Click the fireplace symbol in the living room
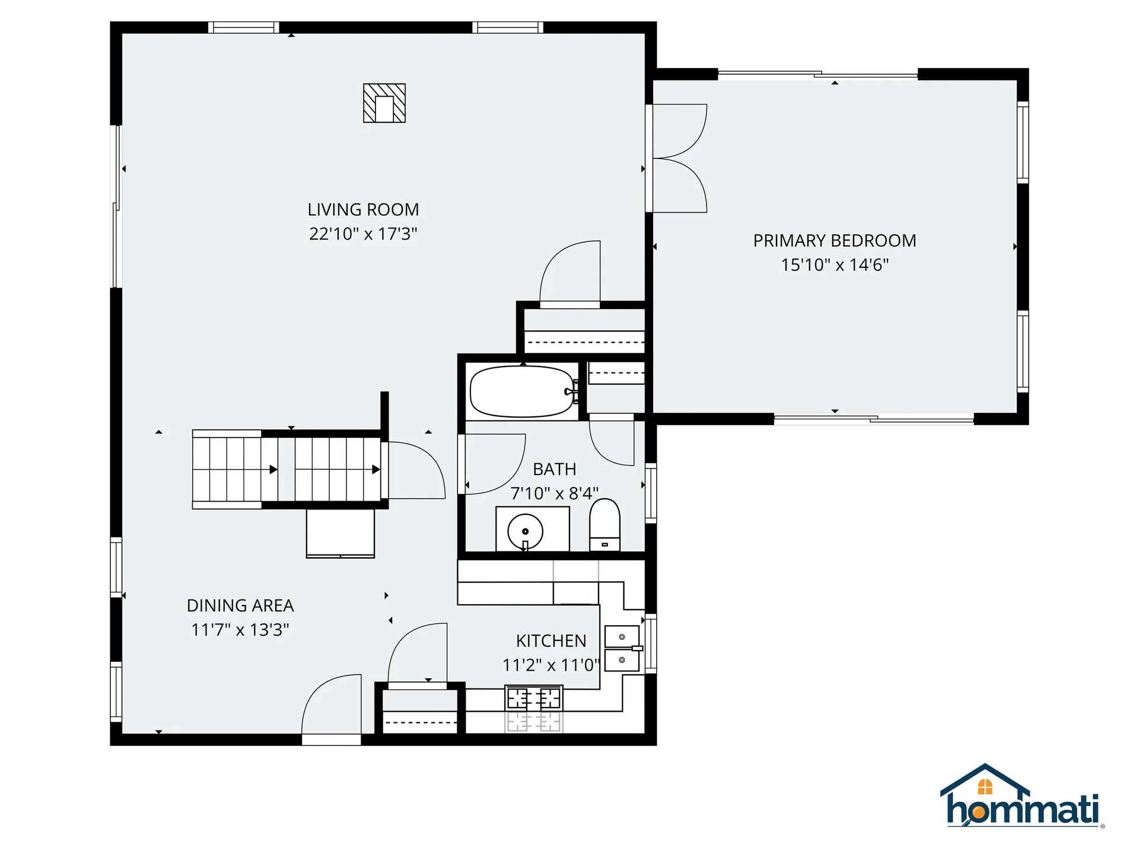384,103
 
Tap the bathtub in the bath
522,391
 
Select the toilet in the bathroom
605,525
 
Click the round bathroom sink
525,531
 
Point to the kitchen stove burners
533,699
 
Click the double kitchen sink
622,648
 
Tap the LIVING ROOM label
363,210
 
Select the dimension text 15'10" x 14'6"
835,265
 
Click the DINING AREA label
240,606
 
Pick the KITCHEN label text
551,641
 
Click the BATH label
555,469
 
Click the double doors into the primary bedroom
679,158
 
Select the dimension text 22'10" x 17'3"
363,234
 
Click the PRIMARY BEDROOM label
835,241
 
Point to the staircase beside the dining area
287,469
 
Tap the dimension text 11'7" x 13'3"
240,630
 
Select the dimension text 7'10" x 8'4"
555,493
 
